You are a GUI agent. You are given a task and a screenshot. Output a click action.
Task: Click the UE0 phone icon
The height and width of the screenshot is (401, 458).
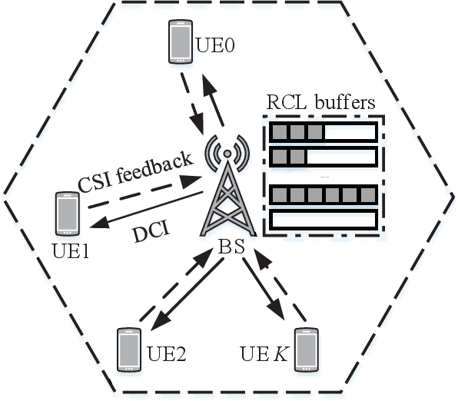180,42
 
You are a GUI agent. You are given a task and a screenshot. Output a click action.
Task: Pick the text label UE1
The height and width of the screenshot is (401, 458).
70,250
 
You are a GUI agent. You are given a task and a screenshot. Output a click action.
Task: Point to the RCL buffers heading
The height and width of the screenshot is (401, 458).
320,102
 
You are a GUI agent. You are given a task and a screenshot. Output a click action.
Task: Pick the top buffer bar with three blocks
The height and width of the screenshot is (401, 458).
323,132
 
